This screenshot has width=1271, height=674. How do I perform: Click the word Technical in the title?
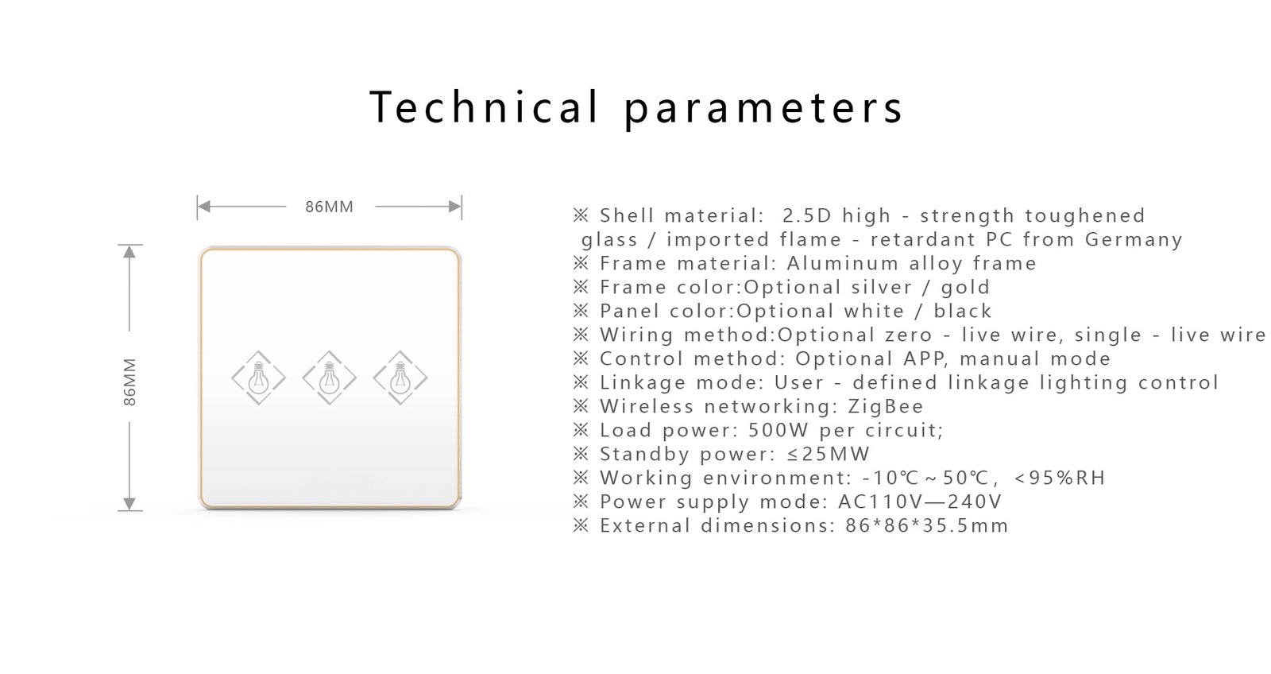coord(484,107)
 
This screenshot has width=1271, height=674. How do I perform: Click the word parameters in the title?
coord(764,110)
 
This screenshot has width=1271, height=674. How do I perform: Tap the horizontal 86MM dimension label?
coord(329,207)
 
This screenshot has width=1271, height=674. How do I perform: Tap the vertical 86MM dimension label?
coord(130,382)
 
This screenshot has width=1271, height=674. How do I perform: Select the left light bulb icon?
coord(258,378)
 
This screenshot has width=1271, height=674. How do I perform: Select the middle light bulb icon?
coord(329,378)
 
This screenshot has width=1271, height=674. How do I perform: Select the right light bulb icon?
coord(400,378)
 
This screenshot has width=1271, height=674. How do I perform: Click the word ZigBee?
coord(886,407)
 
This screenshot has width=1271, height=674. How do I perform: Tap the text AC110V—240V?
coord(920,502)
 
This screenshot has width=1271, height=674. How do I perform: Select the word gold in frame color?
coord(965,288)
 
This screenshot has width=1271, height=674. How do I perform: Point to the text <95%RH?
coord(1060,478)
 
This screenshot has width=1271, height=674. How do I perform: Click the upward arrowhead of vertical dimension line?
coord(130,252)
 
